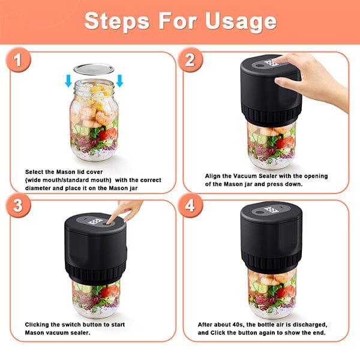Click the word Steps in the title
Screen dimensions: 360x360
(117, 21)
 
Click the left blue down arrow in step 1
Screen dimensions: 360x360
(68, 81)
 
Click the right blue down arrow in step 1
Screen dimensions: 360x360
(119, 81)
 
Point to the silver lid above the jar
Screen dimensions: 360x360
(94, 70)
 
